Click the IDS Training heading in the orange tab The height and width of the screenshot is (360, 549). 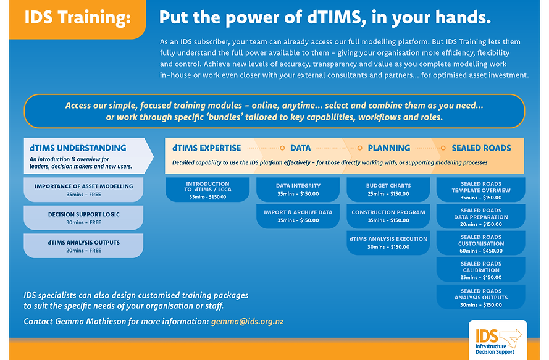78,17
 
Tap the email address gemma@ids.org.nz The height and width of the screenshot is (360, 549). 247,322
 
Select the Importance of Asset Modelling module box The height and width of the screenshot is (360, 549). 83,190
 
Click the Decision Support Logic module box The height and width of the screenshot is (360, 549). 83,217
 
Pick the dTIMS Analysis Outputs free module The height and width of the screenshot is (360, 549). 83,245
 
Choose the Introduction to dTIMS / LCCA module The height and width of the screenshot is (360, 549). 207,190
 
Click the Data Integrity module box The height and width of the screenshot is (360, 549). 298,189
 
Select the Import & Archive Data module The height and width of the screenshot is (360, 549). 298,216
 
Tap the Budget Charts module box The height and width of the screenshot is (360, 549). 388,189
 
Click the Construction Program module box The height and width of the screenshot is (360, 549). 388,216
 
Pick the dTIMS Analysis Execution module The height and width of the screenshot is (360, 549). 388,242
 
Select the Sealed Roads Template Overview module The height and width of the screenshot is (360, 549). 480,190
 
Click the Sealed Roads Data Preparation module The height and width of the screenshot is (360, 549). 480,217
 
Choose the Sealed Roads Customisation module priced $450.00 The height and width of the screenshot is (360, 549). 480,243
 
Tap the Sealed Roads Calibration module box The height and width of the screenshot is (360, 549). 480,270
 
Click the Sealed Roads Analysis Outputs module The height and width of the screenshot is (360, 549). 480,297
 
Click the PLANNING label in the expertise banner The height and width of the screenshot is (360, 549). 388,148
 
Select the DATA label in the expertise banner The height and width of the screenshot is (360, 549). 300,148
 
